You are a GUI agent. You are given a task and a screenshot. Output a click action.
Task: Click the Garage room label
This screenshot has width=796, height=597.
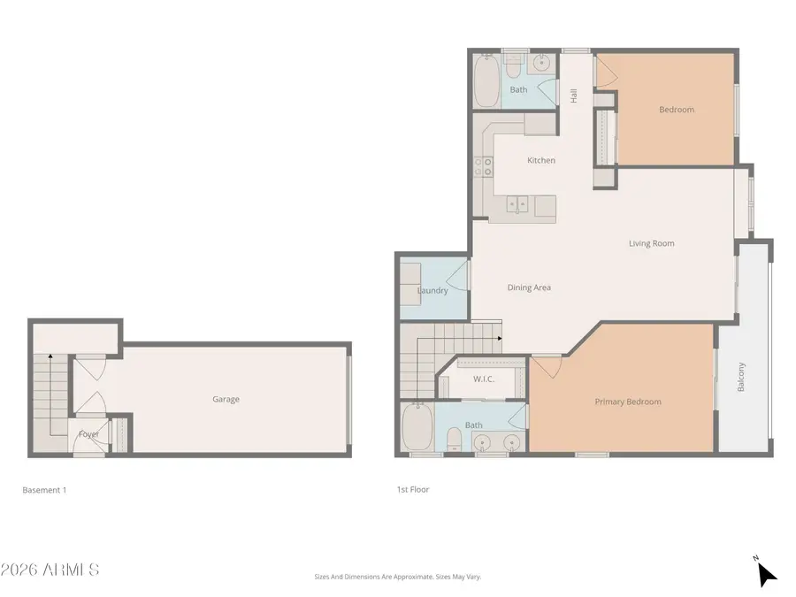226,400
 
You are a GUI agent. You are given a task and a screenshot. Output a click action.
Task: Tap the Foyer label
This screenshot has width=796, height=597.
88,434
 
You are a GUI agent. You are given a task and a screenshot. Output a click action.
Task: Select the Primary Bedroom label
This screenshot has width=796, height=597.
627,402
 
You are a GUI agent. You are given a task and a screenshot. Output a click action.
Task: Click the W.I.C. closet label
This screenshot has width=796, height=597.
483,380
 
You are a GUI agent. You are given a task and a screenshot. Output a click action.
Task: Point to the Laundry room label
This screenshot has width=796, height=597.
432,290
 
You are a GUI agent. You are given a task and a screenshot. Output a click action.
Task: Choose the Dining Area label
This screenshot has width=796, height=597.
529,287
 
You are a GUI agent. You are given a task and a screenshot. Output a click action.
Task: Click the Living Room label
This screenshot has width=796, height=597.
651,244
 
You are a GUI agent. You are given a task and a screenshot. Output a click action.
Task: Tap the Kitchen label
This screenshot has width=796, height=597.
541,161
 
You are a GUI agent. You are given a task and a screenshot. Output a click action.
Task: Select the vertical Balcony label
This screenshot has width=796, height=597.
741,378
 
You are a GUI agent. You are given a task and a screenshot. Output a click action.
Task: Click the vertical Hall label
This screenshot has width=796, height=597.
573,96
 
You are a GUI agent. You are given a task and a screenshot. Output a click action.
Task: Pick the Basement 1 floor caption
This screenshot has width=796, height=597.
44,490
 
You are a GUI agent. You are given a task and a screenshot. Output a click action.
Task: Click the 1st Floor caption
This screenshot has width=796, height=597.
413,489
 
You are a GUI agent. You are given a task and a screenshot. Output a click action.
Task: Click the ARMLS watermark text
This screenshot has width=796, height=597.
50,570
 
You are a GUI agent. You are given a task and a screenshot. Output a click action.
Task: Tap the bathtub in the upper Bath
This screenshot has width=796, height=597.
486,83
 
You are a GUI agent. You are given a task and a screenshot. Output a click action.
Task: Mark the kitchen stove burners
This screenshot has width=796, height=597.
483,167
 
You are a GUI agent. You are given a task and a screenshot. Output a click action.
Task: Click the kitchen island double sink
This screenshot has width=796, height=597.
518,205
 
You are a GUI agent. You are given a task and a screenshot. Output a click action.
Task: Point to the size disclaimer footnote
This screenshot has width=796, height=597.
397,577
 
